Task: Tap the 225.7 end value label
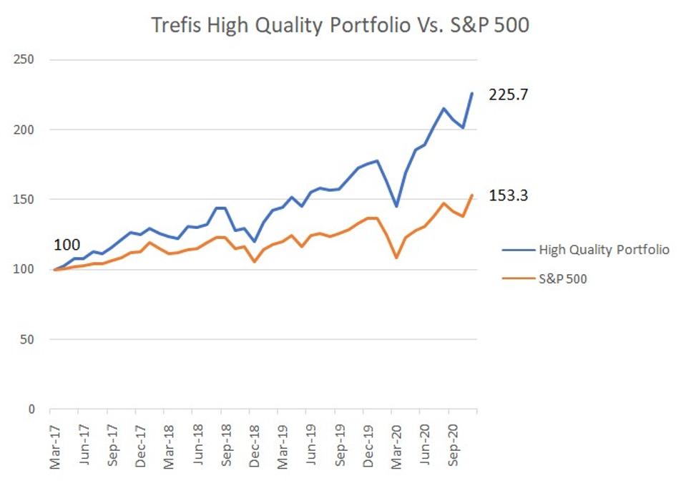509,95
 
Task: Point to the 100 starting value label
68,246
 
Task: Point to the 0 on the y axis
30,409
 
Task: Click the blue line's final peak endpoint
472,94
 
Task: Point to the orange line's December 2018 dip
254,262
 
